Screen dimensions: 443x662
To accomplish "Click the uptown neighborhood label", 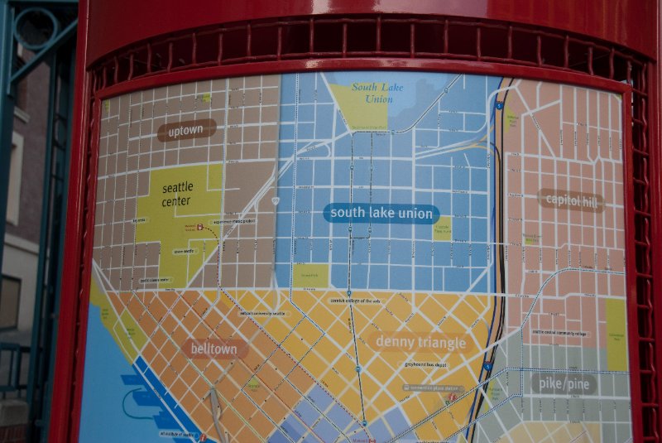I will coord(186,130).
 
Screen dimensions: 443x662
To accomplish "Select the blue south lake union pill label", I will coord(381,213).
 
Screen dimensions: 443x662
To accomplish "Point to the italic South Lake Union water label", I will coord(372,93).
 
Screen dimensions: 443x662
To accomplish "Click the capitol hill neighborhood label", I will coord(570,200).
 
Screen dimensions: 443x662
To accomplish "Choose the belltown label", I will coord(215,349).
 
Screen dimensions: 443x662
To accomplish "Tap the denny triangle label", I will coord(422,341).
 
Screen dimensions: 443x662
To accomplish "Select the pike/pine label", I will coord(562,383).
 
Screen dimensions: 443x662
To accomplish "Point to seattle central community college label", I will coord(559,333).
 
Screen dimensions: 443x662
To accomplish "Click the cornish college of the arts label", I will coord(353,301).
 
